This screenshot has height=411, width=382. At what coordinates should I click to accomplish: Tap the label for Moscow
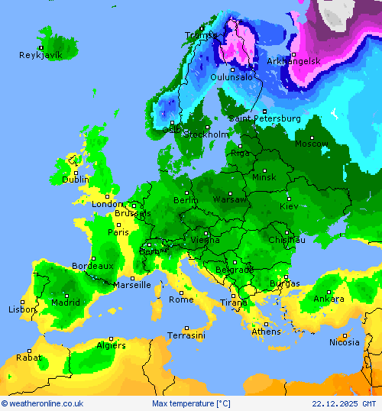click(x=312, y=144)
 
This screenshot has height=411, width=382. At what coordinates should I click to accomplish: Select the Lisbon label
click(x=22, y=309)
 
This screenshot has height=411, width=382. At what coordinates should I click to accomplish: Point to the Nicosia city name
click(x=344, y=342)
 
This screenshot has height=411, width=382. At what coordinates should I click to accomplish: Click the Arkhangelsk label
click(x=294, y=60)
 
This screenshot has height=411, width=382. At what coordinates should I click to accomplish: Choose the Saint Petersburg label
click(x=265, y=118)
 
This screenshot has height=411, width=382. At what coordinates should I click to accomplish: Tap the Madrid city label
click(x=66, y=303)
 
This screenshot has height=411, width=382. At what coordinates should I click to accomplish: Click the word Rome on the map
click(x=181, y=299)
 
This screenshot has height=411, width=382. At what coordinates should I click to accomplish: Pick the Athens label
click(x=266, y=332)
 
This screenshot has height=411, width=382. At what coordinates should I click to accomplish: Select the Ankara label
click(x=329, y=299)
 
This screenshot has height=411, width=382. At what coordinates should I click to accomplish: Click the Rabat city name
click(x=29, y=357)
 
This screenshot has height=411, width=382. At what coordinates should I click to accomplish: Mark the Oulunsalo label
click(x=231, y=77)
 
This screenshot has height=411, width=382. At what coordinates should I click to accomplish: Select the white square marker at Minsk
click(x=264, y=170)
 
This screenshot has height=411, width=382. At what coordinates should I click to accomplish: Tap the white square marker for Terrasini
click(x=186, y=328)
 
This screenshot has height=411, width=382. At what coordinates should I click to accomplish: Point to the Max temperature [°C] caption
click(x=190, y=403)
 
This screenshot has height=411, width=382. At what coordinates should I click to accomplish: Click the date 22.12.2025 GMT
click(x=344, y=403)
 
